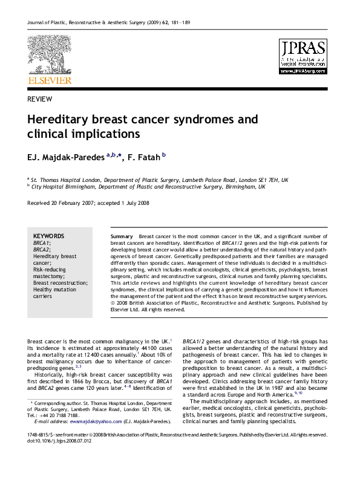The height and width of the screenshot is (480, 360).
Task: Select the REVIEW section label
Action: (x=39, y=99)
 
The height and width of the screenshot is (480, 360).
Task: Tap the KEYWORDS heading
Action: (x=48, y=235)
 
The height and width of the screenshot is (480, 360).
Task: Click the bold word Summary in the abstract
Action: (x=122, y=235)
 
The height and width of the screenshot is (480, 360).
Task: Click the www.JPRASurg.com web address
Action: (x=303, y=71)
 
